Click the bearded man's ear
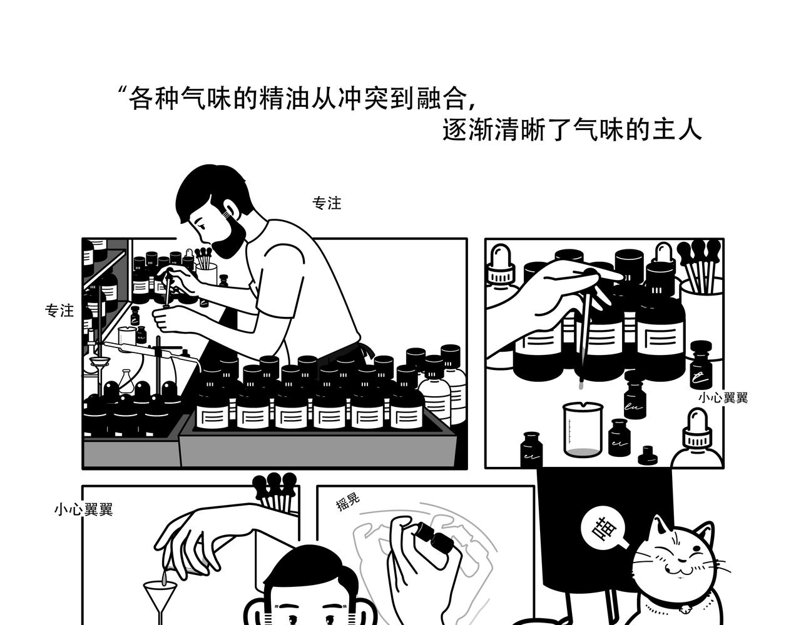click(230, 208)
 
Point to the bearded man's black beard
click(228, 236)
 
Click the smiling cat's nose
click(682, 561)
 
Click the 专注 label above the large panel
click(327, 203)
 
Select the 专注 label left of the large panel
click(59, 311)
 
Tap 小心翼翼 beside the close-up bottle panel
click(723, 397)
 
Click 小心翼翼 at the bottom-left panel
click(83, 509)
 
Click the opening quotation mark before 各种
click(121, 90)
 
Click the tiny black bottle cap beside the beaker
click(647, 456)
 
